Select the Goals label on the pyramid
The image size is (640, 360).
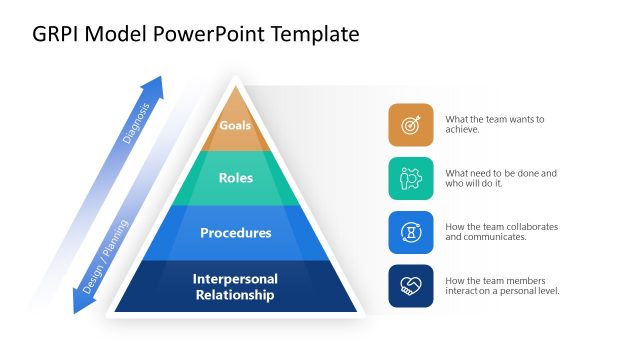coord(235,126)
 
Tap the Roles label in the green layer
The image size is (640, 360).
coord(235,179)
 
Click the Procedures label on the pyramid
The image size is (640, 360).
coord(235,233)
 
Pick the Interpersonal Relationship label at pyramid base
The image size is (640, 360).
coord(235,287)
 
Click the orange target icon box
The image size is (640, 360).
coord(411,125)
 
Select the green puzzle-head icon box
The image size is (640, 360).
coord(411,179)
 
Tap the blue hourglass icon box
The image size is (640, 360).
coord(411,233)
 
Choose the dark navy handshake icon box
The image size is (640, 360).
coord(411,286)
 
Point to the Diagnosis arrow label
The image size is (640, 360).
coord(136,123)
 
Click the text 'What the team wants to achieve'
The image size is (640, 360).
coord(494,125)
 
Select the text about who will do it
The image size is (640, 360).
coord(500,179)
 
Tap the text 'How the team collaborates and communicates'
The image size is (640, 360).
coord(501,233)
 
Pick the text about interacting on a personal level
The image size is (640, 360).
coord(501,286)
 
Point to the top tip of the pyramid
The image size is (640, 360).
coord(235,81)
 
